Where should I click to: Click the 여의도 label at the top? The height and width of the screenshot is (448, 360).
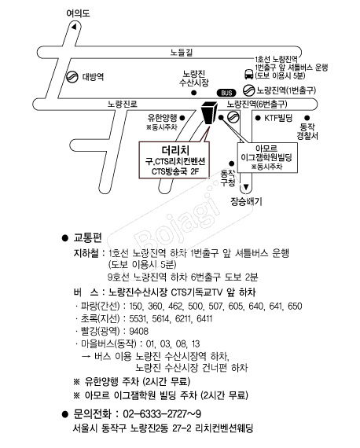point(78,13)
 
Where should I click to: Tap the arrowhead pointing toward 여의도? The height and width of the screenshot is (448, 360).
point(74,28)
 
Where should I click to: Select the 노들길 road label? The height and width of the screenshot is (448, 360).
point(182,53)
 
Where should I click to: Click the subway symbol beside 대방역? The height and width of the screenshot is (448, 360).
point(72,76)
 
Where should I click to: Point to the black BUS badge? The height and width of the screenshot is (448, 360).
point(226,93)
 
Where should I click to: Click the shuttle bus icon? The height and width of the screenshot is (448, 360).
point(248,74)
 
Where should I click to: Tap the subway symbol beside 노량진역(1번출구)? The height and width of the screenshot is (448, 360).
point(248,90)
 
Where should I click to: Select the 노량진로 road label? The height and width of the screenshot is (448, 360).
point(123,104)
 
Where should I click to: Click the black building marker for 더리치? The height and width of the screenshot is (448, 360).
point(209,112)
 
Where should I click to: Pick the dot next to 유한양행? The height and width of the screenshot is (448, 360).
point(182,118)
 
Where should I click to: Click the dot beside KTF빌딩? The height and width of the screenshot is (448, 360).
point(258,118)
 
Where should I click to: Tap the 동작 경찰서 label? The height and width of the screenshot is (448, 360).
point(307,131)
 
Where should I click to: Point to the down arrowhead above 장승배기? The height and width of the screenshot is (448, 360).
point(246,187)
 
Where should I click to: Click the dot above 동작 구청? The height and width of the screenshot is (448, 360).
point(231,163)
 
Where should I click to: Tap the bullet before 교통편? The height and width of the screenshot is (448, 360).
point(65,238)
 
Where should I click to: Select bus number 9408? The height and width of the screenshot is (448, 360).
point(139,331)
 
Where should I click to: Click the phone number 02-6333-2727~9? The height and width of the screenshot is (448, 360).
point(162,413)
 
